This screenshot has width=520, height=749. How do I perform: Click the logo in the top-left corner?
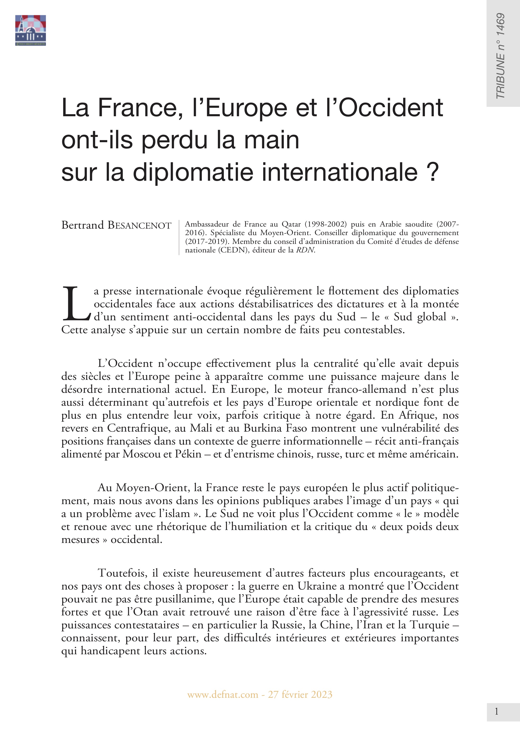pyautogui.click(x=30, y=30)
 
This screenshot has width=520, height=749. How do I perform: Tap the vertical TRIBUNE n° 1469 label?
pyautogui.click(x=501, y=56)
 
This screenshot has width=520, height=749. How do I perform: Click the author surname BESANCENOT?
pyautogui.click(x=139, y=225)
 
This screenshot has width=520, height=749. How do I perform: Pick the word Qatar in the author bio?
pyautogui.click(x=291, y=224)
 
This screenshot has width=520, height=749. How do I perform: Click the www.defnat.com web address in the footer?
pyautogui.click(x=223, y=695)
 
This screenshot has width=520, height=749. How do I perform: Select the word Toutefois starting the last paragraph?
pyautogui.click(x=120, y=573)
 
